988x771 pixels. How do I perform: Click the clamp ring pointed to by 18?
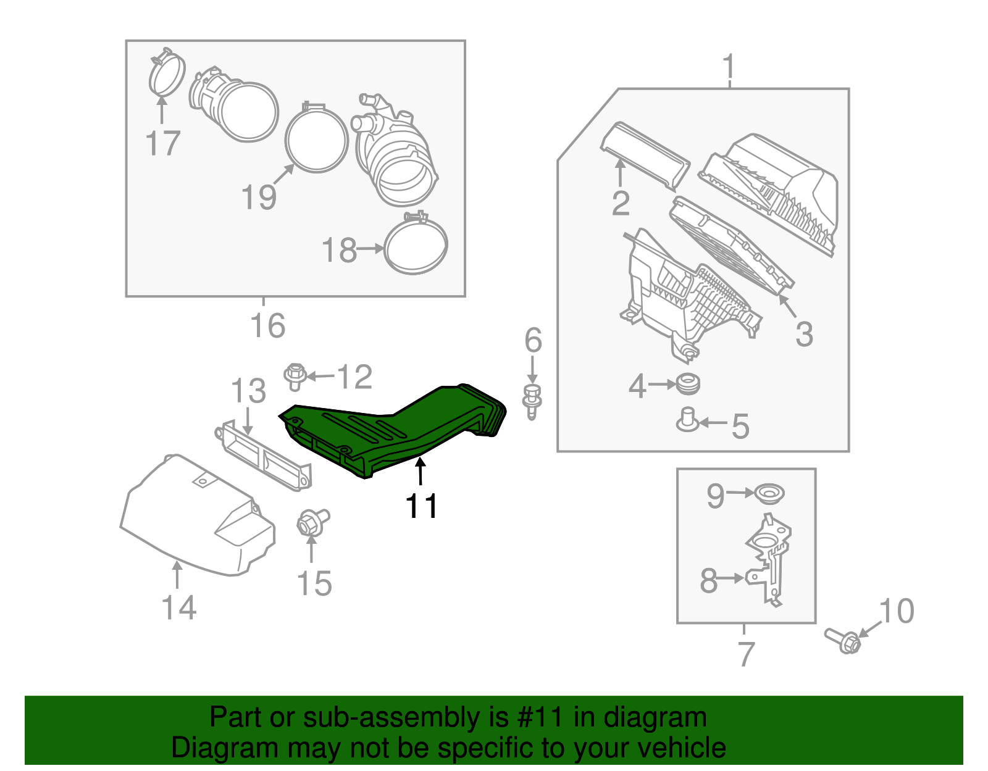[416, 247]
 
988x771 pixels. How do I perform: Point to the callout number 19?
[259, 198]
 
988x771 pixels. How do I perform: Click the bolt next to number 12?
[295, 376]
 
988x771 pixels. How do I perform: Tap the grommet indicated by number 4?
[687, 384]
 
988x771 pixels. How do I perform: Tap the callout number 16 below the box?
[267, 325]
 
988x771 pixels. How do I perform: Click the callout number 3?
[804, 334]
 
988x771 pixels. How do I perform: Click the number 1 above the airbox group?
[729, 66]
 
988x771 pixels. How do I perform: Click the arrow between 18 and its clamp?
[371, 249]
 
